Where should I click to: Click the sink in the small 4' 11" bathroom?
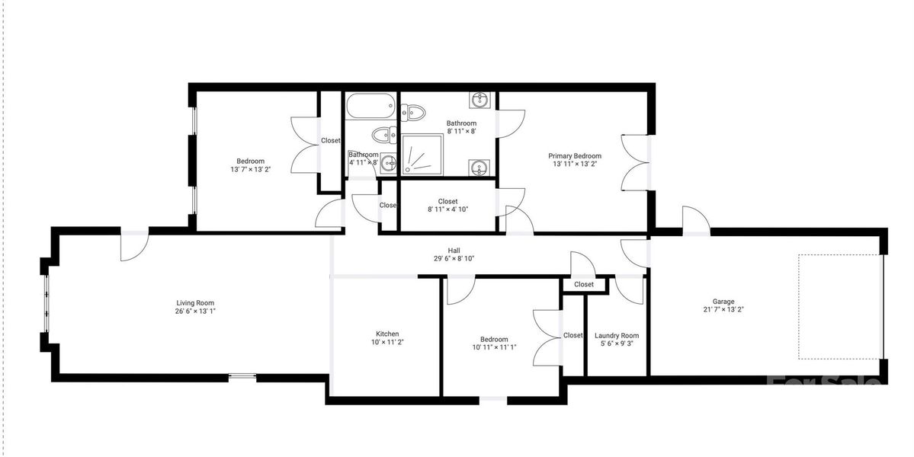tap(389, 161)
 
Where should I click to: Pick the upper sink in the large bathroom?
tap(479, 101)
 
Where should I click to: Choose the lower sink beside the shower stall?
tap(479, 167)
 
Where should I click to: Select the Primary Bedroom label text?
tap(575, 156)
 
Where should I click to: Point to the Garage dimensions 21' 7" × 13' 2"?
tap(723, 310)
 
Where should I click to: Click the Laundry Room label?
tap(617, 335)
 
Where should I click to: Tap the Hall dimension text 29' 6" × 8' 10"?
tap(454, 258)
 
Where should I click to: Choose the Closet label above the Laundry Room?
tap(584, 284)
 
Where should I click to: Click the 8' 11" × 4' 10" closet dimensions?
tap(447, 211)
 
